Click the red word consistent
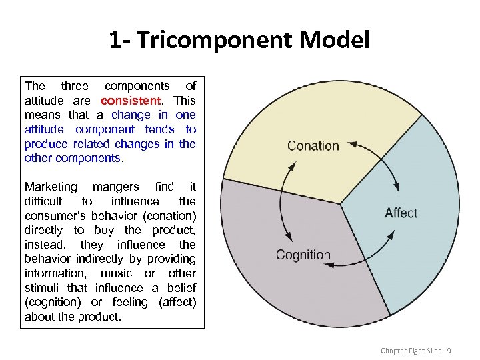tap(131, 101)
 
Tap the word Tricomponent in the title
tap(213, 41)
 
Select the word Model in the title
tap(335, 41)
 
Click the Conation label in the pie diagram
tap(313, 146)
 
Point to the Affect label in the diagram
tap(401, 213)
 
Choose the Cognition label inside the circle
tap(303, 255)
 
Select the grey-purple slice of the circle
tap(287, 293)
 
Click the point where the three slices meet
tap(341, 203)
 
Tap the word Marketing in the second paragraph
tap(51, 187)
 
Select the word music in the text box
tap(115, 273)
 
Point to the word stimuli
tap(42, 288)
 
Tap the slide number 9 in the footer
tap(449, 351)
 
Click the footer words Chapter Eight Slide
tap(411, 351)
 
